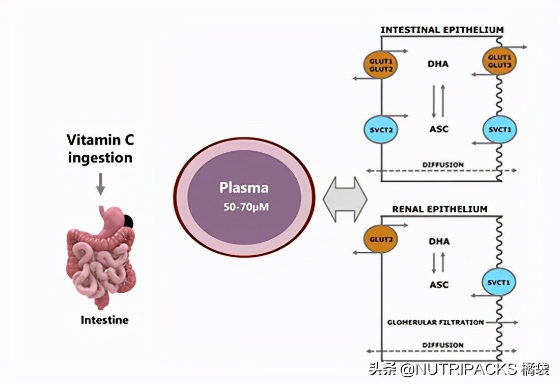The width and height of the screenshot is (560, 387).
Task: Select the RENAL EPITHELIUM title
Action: pos(439,209)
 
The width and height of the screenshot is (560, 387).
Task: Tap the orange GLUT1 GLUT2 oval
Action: pos(380,65)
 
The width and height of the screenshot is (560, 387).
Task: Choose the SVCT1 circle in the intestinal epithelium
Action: pos(499,129)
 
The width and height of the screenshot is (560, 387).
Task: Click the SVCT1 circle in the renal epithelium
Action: pos(499,282)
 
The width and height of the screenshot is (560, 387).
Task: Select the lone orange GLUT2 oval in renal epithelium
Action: pos(380,238)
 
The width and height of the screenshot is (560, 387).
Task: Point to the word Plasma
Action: pos(244,187)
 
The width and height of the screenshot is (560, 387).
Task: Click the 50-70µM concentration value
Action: pos(244,208)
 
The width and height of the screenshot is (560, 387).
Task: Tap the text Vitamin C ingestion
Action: pos(100,148)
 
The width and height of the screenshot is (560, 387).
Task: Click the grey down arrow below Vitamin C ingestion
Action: pos(100,184)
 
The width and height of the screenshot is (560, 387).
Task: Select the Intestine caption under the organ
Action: pos(104,320)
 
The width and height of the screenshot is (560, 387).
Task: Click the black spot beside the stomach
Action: pos(128,221)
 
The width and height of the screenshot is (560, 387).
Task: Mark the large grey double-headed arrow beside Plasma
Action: pos(345,199)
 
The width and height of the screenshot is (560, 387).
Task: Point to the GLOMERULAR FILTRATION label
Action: pos(435,322)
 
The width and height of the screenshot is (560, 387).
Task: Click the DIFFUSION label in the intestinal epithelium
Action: pos(443,164)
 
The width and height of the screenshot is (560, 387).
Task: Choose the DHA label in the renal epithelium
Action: pos(439,241)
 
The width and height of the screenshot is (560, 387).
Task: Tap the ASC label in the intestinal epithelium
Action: pos(439,129)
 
